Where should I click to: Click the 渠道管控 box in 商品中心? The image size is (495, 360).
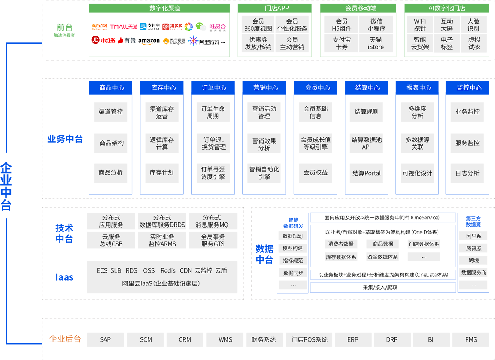[x=110, y=112]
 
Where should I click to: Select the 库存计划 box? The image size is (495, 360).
[x=162, y=173]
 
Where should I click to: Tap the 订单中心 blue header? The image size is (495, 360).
[x=214, y=88]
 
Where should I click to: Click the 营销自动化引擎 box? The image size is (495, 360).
[x=264, y=173]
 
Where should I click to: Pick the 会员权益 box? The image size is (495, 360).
[x=316, y=173]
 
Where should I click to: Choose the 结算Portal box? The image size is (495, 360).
[x=367, y=173]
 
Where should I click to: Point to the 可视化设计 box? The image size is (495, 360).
[x=417, y=173]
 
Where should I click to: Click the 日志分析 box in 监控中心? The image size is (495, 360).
[x=467, y=173]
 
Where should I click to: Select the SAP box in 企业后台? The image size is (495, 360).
[x=105, y=339]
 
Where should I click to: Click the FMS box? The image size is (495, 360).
[x=471, y=339]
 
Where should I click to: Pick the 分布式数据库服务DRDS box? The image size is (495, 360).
[x=162, y=221]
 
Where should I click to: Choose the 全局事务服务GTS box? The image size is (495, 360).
[x=213, y=240]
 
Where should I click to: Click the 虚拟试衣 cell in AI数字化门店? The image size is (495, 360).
[x=474, y=43]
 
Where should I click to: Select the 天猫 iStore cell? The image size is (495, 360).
[x=376, y=43]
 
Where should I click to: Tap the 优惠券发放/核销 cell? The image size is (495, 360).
[x=258, y=43]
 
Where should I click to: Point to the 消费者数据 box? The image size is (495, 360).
[x=341, y=244]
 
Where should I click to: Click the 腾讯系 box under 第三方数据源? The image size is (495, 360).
[x=474, y=249]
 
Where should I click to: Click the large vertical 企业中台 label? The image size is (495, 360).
[x=6, y=186]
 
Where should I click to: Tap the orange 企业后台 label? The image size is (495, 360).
[x=65, y=339]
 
